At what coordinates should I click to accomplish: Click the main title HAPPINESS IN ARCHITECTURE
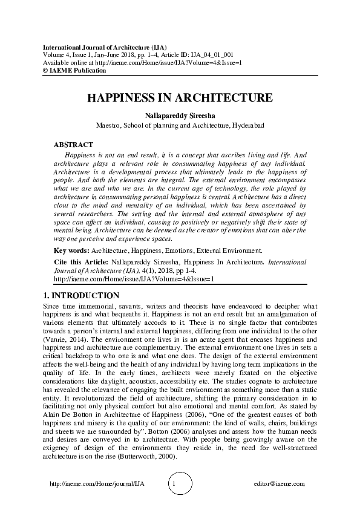click(180, 98)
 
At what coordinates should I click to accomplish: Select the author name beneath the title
click(180, 115)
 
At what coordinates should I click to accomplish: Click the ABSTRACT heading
click(73, 145)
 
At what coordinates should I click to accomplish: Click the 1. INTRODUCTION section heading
click(81, 296)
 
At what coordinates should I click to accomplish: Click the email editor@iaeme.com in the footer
click(280, 485)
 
